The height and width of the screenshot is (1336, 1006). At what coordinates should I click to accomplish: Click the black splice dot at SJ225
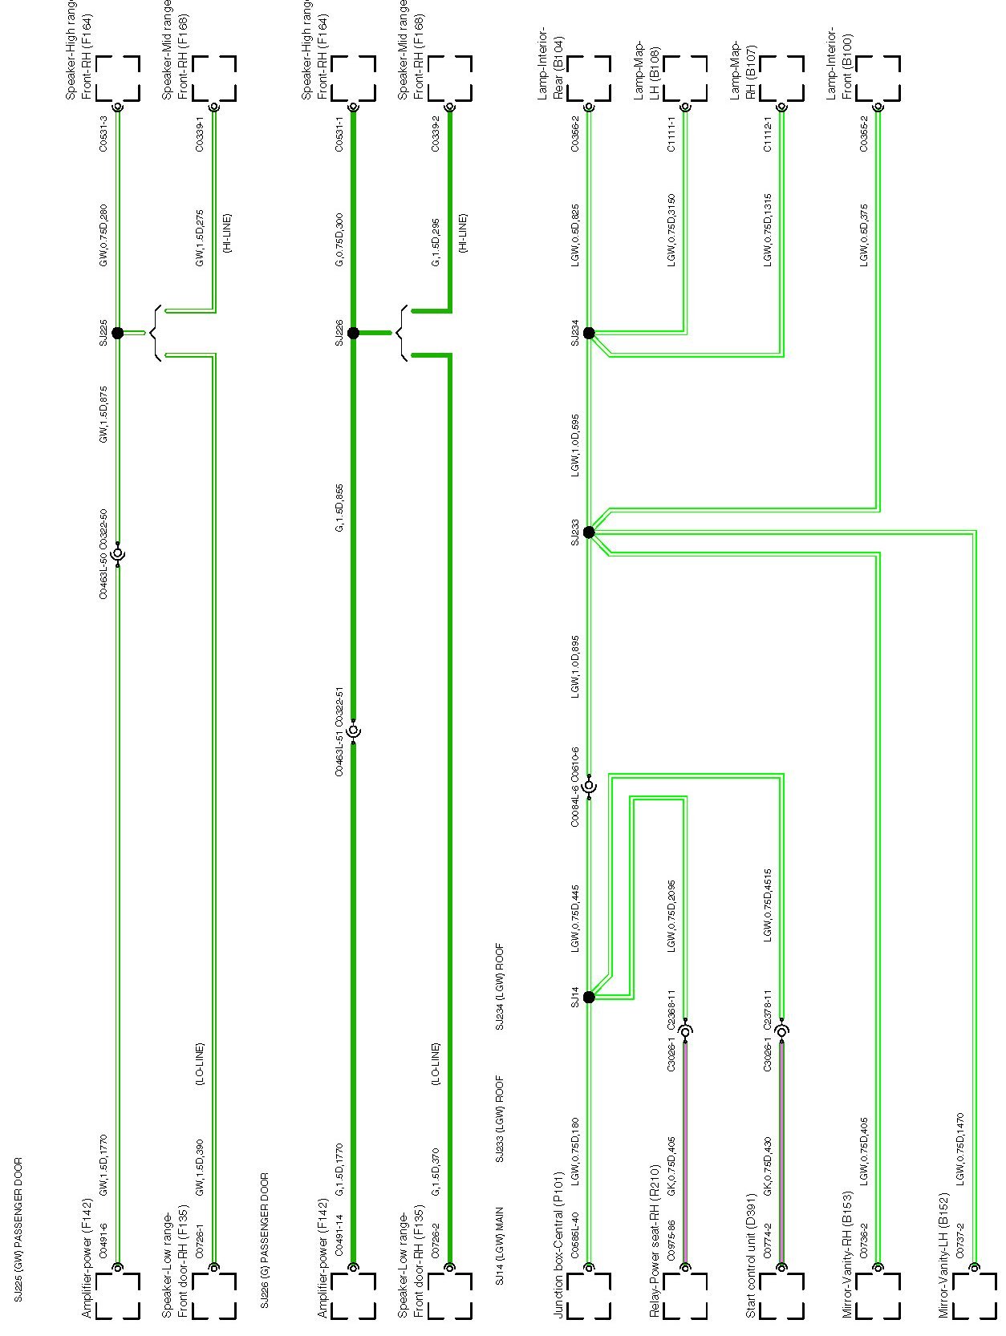(117, 333)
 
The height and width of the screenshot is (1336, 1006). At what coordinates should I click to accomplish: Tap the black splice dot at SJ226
(353, 333)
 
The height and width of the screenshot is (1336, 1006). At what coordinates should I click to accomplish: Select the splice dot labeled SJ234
(589, 333)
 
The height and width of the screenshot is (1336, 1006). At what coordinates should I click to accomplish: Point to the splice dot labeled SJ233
(589, 532)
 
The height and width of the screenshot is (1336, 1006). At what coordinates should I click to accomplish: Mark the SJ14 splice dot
(589, 997)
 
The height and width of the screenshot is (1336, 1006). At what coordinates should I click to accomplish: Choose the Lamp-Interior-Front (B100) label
(840, 66)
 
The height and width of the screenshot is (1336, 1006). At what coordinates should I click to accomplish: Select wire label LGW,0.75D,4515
(768, 904)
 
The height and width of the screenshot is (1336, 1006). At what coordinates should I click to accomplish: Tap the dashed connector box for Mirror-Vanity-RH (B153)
(877, 1297)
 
